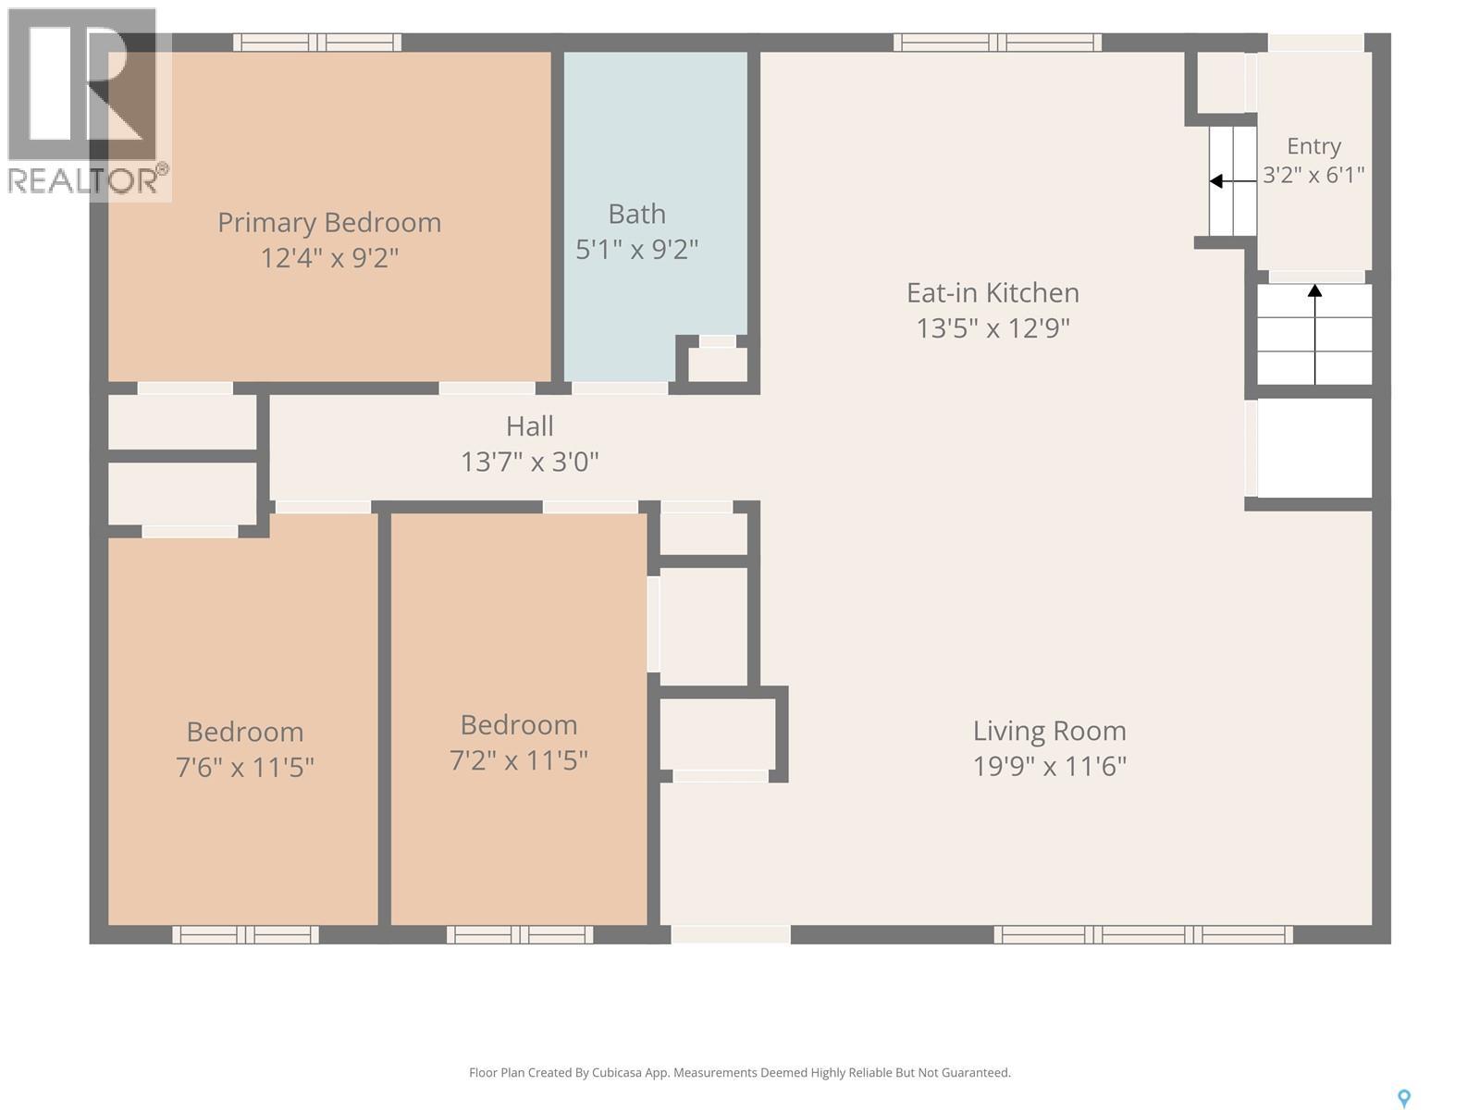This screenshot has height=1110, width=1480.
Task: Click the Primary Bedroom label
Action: tap(329, 222)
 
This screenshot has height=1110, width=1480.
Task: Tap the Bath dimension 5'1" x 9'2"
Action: tap(636, 250)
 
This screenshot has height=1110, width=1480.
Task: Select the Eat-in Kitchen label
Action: tap(993, 292)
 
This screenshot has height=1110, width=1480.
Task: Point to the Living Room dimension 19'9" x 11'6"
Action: tap(1049, 766)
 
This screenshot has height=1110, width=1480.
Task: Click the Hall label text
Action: tap(530, 425)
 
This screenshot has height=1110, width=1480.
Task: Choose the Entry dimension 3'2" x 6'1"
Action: tap(1313, 175)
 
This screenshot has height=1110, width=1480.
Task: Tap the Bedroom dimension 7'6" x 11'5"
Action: tap(245, 767)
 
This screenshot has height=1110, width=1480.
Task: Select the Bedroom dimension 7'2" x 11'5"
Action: tap(519, 760)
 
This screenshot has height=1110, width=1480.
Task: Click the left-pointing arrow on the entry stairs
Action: tap(1232, 181)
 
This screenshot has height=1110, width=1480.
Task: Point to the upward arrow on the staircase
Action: tap(1314, 334)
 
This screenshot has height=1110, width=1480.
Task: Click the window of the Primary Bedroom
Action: tap(317, 43)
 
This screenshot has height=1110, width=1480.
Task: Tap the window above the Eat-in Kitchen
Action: tap(997, 43)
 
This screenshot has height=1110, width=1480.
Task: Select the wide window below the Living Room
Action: tap(1143, 935)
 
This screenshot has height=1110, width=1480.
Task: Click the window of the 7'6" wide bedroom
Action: tap(245, 935)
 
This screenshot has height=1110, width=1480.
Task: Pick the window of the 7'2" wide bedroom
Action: tap(520, 935)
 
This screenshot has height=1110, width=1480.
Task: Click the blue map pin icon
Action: tap(1404, 1099)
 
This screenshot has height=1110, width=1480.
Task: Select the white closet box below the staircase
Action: tap(1314, 449)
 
